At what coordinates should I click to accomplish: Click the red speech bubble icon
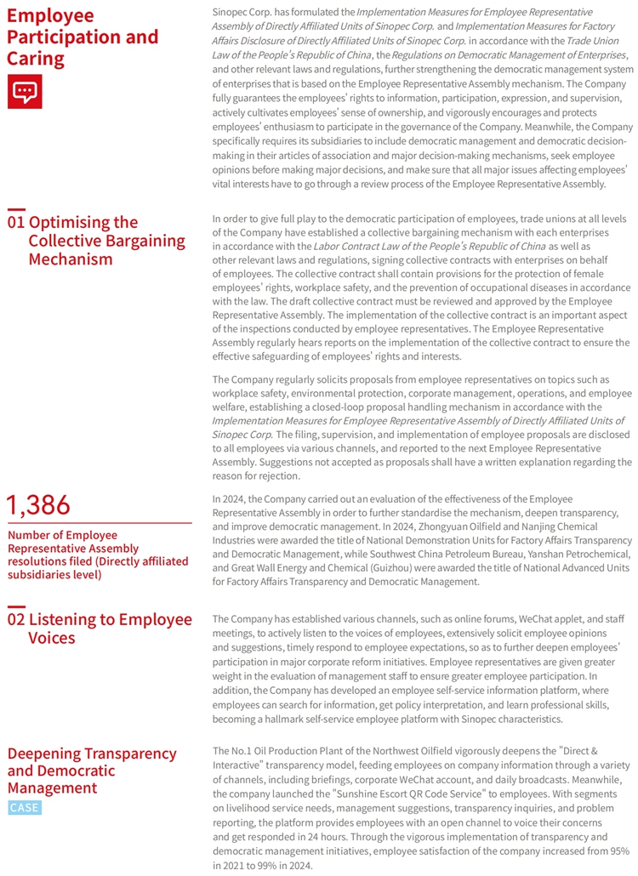pos(24,91)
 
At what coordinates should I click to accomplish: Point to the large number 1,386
pos(38,504)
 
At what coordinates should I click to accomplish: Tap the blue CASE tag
pos(24,807)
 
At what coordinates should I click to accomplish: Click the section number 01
pos(15,223)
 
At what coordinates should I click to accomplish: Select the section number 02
pos(15,619)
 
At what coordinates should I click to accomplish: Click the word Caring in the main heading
pos(36,59)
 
